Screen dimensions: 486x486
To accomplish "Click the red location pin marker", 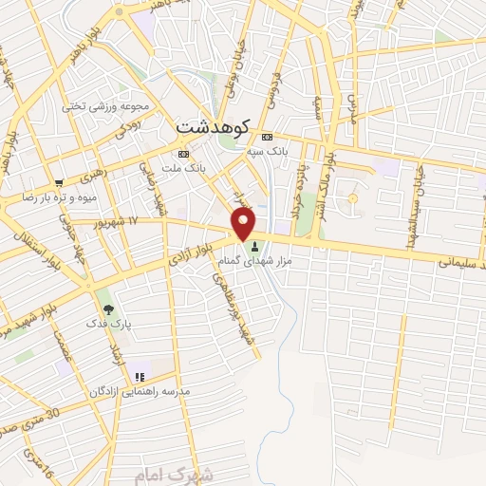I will (x=244, y=224).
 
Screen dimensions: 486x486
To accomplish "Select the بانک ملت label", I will (x=184, y=168).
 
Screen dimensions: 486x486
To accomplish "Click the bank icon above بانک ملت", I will (x=183, y=154).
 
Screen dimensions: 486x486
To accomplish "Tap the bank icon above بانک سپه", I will (x=267, y=136).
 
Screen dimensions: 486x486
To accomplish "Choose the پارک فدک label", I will (x=113, y=325).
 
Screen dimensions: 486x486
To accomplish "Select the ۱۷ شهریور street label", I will (x=131, y=220).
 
